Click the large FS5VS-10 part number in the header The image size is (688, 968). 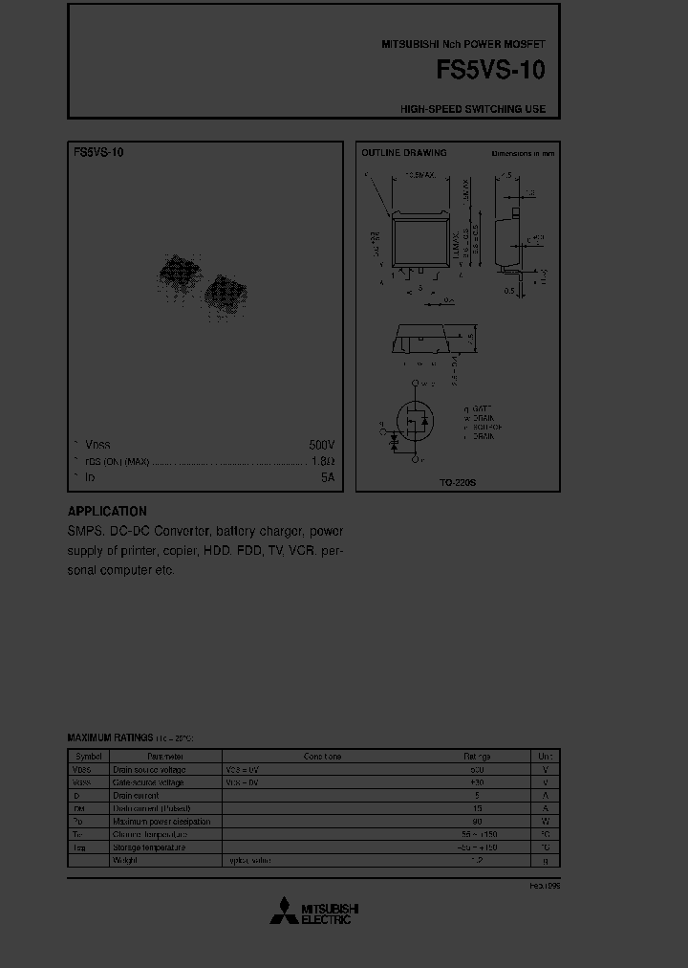[490, 70]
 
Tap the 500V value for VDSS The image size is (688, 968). [322, 446]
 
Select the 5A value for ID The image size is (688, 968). [328, 476]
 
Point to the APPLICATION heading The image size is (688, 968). [107, 512]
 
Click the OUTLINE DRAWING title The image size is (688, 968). [403, 153]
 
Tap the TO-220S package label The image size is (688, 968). [458, 484]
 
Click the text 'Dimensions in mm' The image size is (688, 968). [523, 153]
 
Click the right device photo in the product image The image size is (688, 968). [226, 293]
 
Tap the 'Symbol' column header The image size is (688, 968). [87, 757]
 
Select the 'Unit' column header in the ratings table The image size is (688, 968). [545, 757]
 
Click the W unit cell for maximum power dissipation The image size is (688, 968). [545, 822]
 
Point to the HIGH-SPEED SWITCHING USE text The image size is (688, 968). [473, 109]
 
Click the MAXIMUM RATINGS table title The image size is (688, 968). [110, 738]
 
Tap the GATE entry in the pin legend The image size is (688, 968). [482, 407]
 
